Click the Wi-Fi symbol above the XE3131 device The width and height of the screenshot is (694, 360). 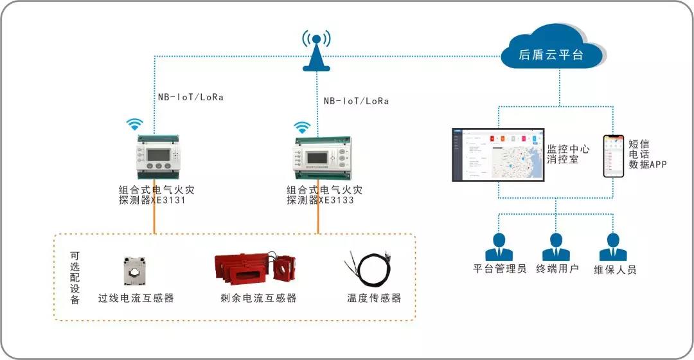(x=134, y=124)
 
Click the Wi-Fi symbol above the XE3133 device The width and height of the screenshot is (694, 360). (x=301, y=126)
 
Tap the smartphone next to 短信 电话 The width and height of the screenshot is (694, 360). (x=612, y=156)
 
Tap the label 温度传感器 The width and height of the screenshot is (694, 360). (x=374, y=298)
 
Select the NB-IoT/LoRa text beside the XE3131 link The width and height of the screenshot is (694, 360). (x=191, y=98)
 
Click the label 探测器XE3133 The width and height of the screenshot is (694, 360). (x=320, y=200)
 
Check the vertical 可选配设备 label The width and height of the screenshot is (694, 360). (x=75, y=277)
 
